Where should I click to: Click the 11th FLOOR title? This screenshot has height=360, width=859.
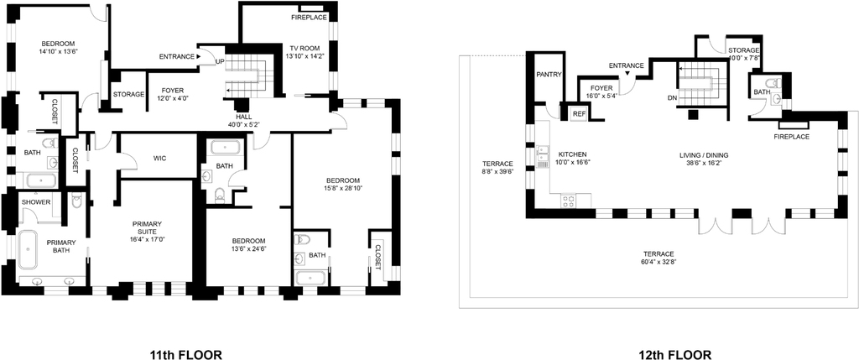[x=186, y=354]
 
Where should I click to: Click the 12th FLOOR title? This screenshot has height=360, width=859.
[x=675, y=354]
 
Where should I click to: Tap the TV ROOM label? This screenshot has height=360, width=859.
[x=305, y=47]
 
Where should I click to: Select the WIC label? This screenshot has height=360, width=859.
[x=159, y=159]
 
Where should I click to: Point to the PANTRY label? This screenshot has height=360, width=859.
[x=549, y=75]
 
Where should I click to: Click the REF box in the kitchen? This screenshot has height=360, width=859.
[x=579, y=113]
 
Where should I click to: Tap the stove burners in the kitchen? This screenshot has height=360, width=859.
[x=568, y=201]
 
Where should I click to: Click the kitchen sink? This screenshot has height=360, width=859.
[x=544, y=155]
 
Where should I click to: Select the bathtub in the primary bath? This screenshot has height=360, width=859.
[x=28, y=250]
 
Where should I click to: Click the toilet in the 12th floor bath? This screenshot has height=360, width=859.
[x=773, y=83]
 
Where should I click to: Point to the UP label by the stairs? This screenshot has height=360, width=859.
[x=220, y=61]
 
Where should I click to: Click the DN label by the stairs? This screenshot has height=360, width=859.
[x=673, y=99]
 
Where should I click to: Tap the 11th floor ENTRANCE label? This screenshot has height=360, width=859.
[x=176, y=56]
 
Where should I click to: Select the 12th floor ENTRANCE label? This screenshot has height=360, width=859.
[x=626, y=65]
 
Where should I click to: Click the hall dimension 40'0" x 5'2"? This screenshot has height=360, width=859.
[x=244, y=124]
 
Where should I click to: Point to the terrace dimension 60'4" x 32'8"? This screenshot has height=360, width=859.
[x=659, y=261]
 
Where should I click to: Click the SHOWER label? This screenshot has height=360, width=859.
[x=36, y=202]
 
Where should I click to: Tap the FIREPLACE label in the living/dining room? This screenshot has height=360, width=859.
[x=791, y=137]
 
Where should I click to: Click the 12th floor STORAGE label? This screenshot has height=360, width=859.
[x=744, y=50]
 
